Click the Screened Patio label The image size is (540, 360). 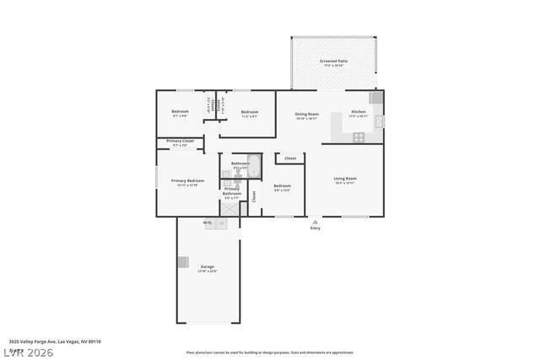333,62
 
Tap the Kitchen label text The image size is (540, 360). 359,112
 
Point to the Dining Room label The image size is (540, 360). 307,114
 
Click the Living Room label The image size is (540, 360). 345,179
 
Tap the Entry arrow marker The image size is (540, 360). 315,222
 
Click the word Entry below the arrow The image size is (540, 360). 315,228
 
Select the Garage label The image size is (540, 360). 207,266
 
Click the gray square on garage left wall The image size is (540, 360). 182,262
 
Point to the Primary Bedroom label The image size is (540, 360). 187,181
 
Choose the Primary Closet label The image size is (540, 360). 180,141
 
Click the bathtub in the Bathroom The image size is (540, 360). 255,166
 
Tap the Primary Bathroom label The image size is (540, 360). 232,191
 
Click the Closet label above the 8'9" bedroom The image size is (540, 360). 289,158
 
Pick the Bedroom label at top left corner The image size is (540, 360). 180,112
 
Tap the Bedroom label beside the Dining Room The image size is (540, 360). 249,112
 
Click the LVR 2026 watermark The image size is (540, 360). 27,352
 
